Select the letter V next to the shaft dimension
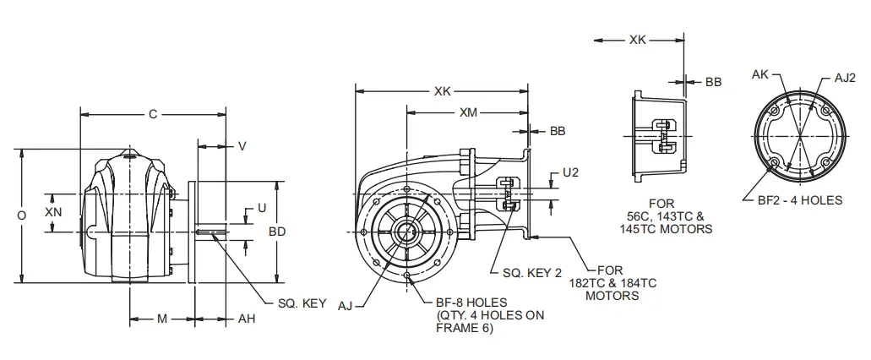(x=242, y=146)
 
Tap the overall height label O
(x=21, y=215)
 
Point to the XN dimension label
(x=52, y=213)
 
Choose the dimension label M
(x=161, y=319)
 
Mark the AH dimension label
(x=246, y=319)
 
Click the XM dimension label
(x=467, y=112)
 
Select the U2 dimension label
(x=570, y=173)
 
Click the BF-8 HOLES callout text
(x=471, y=301)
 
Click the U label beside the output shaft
(x=262, y=207)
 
